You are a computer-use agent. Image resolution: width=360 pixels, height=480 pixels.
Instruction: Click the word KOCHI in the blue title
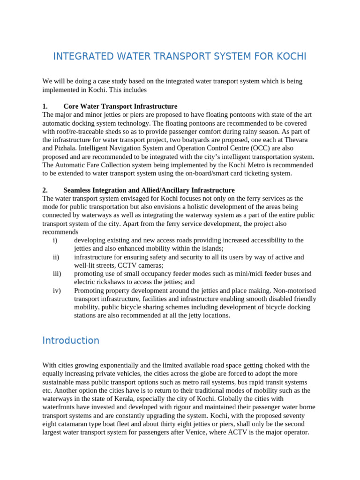[x=290, y=57]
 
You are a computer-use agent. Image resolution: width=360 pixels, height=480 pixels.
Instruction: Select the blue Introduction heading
[x=71, y=340]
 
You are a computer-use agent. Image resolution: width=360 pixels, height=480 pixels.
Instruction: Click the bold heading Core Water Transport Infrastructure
[x=120, y=106]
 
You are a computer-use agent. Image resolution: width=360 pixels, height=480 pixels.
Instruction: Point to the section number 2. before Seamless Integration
[x=45, y=190]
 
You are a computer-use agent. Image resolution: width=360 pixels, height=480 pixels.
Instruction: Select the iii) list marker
[x=57, y=274]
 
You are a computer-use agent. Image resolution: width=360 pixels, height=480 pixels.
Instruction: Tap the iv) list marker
[x=57, y=291]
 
